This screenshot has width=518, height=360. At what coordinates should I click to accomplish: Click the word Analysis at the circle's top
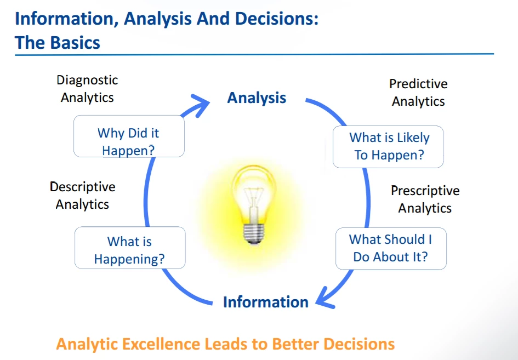(257, 98)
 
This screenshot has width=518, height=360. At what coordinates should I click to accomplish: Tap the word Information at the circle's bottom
(265, 302)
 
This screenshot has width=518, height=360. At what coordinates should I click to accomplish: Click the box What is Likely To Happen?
(388, 146)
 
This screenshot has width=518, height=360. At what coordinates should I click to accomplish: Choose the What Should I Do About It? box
(391, 248)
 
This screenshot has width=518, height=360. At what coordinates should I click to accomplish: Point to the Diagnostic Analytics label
(87, 89)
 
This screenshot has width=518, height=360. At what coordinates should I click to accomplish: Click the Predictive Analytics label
(418, 93)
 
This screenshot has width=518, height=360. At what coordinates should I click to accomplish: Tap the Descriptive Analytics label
(83, 196)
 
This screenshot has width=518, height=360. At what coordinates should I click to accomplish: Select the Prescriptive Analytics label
(425, 199)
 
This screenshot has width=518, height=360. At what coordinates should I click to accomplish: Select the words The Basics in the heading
(58, 42)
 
